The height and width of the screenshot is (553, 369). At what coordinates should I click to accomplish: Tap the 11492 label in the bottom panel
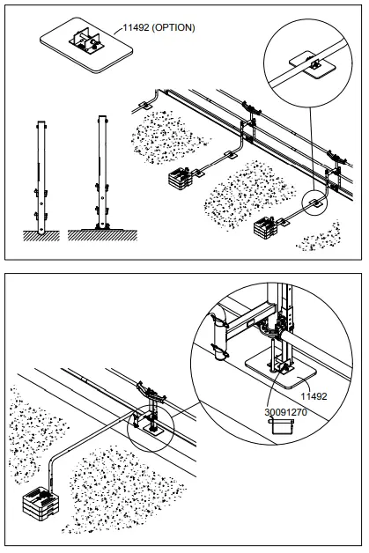pos(315,397)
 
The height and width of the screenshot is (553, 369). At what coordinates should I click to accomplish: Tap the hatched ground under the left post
pos(37,236)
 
